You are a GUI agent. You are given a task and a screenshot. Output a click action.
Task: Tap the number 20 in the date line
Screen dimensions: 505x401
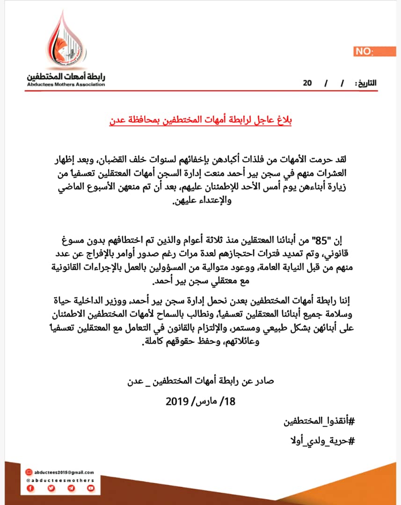click(307, 83)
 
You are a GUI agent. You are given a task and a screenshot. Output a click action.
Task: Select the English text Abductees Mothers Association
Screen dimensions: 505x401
click(66, 85)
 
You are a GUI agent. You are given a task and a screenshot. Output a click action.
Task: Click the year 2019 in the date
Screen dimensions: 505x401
click(176, 402)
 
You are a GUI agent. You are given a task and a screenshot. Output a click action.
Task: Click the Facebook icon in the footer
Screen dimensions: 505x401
click(31, 489)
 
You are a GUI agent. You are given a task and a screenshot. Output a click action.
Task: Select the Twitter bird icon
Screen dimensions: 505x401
click(51, 489)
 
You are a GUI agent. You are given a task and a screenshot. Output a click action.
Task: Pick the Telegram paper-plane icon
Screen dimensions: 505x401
click(71, 489)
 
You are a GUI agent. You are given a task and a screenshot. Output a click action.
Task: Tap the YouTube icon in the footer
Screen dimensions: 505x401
click(91, 489)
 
